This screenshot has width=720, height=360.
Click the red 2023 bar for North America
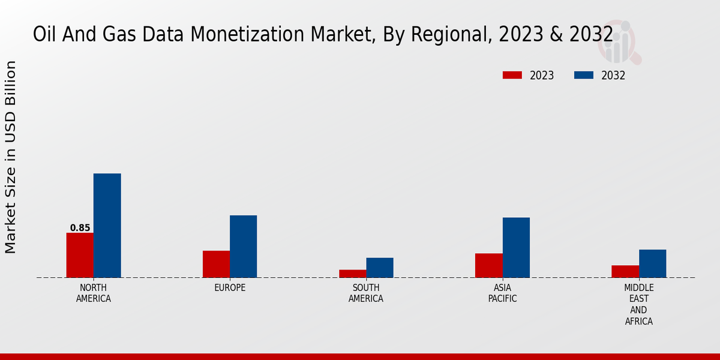pos(80,255)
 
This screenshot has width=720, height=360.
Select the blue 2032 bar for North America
pos(107,226)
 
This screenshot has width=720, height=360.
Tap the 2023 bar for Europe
pos(216,264)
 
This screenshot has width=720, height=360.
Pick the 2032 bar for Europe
pos(243,246)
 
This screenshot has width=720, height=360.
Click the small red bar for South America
pos(352,274)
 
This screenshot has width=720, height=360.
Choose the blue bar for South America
pos(380,268)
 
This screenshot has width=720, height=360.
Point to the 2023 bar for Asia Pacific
pos(488,265)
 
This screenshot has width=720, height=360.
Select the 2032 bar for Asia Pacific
pos(516,247)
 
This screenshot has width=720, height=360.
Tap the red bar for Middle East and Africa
pos(625,271)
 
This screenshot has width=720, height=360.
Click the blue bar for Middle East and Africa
pos(652,263)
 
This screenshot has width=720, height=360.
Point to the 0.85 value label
pos(80,228)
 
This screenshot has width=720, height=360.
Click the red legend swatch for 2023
pos(512,75)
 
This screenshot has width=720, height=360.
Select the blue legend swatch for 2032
pos(584,75)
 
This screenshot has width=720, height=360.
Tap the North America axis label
pos(94,293)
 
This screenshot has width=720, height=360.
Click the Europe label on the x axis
pos(230,288)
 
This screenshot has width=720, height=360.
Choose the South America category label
pos(366,293)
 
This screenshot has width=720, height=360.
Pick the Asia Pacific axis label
pos(502,293)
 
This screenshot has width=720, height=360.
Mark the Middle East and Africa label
pos(638,305)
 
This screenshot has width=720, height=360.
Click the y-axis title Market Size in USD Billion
pos(11,157)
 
